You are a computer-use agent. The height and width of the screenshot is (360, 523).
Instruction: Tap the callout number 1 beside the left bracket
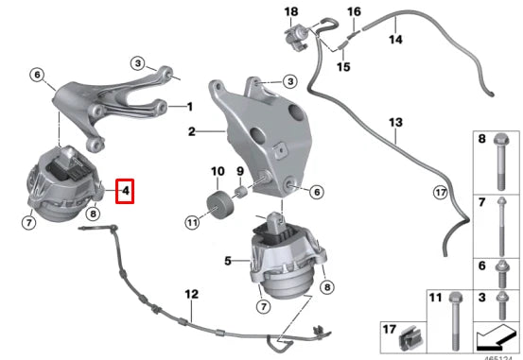click(x=189, y=106)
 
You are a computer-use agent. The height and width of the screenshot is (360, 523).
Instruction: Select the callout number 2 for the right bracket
click(x=191, y=133)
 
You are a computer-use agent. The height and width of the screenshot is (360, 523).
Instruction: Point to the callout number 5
click(x=227, y=258)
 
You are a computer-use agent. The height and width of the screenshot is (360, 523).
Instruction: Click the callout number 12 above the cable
click(x=192, y=295)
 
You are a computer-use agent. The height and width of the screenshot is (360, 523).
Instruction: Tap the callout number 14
click(x=395, y=39)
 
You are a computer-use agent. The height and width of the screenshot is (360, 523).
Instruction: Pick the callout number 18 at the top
click(x=290, y=10)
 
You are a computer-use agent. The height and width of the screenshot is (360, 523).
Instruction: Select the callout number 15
click(x=343, y=67)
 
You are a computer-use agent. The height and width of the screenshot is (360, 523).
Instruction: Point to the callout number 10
click(x=216, y=172)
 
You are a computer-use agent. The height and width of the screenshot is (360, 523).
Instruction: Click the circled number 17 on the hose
click(x=439, y=193)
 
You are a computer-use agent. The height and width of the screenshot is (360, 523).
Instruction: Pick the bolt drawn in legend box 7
click(x=498, y=228)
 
